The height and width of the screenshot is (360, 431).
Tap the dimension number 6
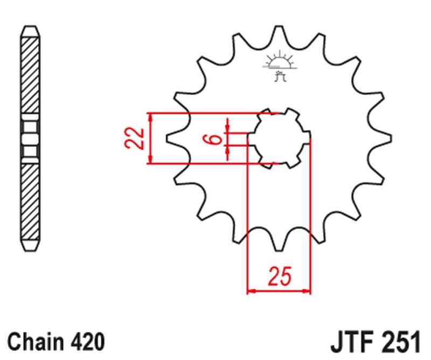coord(214,139)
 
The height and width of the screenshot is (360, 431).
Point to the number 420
coord(86,342)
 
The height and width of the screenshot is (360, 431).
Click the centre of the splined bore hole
coord(279,137)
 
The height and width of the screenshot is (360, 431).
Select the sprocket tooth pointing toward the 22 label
coord(174,139)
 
